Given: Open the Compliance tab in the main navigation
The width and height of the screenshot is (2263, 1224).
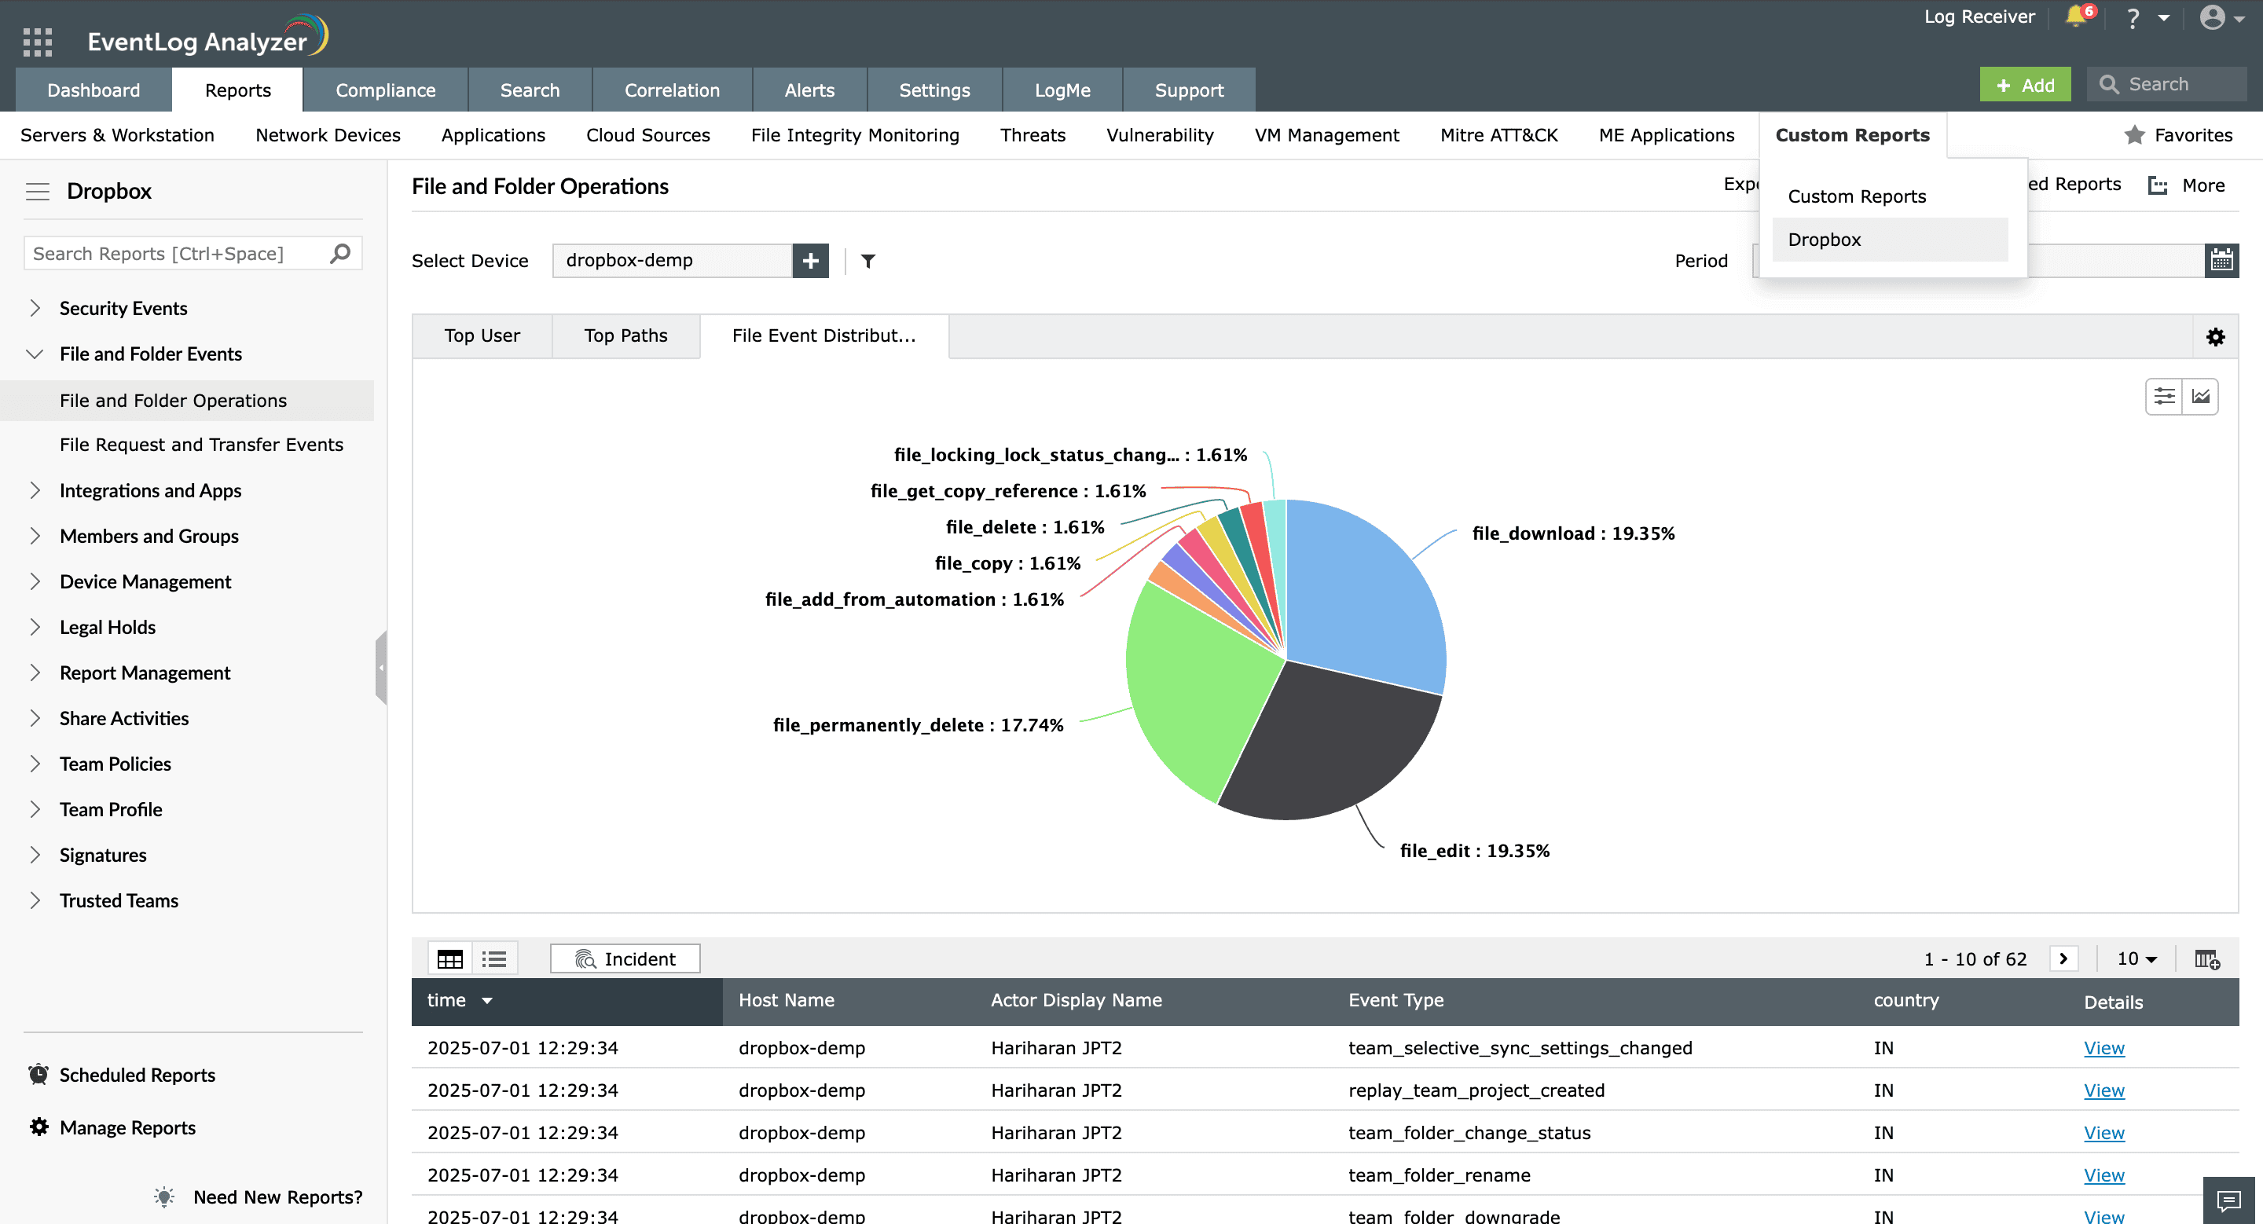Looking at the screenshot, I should point(385,90).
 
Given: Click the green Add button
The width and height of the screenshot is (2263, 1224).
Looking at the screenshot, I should point(2024,84).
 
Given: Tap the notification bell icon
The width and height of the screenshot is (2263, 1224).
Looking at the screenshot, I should point(2076,16).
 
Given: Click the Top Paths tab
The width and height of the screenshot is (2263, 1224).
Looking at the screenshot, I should point(625,335).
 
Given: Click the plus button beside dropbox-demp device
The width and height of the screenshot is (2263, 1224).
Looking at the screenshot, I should point(810,260).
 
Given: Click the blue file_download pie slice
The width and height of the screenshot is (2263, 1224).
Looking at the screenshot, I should point(1362,597).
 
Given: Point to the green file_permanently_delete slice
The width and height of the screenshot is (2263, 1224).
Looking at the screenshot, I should point(1194,694).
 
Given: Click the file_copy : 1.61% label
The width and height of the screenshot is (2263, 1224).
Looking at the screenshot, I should point(1007,563).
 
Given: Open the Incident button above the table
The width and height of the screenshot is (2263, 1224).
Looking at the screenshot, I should point(625,958).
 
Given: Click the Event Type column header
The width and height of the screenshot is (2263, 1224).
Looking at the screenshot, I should point(1395,999).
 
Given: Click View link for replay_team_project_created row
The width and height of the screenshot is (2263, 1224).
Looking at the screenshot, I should point(2103,1090).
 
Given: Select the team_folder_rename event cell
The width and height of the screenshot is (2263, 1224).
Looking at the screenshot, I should point(1439,1174).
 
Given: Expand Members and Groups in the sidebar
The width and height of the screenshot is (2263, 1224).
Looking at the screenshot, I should point(149,536).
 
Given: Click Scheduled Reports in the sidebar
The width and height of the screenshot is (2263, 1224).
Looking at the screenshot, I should point(137,1075).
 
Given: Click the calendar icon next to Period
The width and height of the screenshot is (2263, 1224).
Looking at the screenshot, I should point(2221,260).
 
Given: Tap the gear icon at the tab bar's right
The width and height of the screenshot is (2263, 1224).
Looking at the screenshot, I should point(2215,337).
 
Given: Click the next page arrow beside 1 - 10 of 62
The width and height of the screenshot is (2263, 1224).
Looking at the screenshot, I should point(2063,958).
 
